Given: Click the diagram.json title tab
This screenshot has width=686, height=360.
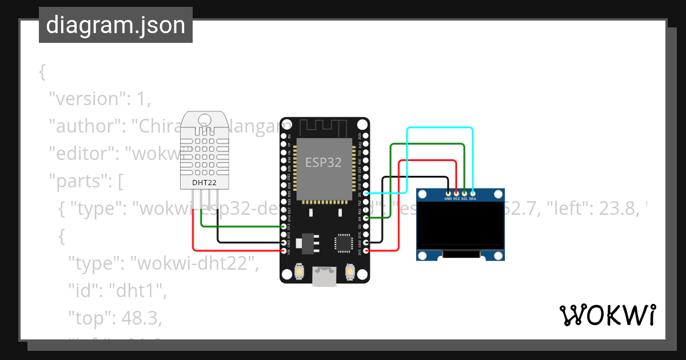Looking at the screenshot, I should tap(115, 25).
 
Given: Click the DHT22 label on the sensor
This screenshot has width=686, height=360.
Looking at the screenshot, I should tap(204, 183).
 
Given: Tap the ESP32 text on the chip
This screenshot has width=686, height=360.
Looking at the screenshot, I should tap(324, 162).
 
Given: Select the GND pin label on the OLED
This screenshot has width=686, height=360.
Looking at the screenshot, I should tap(448, 199).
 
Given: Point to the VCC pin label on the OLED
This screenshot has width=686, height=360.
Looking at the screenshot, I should tap(456, 199).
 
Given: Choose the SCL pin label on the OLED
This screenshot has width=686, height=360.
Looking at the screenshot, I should tap(464, 199).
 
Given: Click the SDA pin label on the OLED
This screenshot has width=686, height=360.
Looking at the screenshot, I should tap(473, 199).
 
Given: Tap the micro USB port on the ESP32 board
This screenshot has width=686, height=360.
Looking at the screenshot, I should tap(324, 278).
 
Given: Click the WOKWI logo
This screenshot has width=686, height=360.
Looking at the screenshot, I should tap(607, 315).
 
